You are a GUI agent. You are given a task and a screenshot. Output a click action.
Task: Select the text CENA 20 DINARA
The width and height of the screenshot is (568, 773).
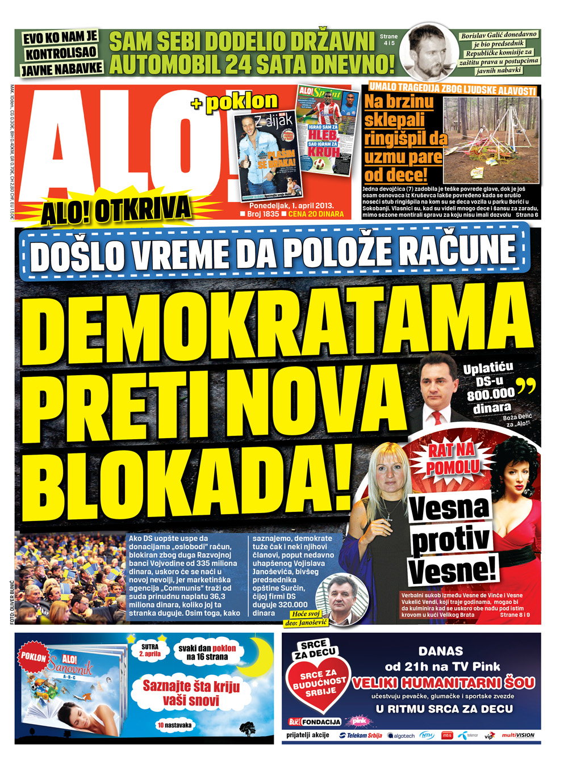tap(316, 214)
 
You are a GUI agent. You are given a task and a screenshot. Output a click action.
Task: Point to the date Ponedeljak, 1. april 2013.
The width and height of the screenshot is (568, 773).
tap(291, 205)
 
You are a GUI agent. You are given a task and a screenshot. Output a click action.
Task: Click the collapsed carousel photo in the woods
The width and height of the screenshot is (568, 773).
tap(491, 140)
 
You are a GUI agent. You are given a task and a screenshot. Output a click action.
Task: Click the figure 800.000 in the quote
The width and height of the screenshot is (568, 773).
tap(490, 394)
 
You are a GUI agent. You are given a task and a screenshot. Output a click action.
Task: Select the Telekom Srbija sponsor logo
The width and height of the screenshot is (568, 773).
tap(361, 735)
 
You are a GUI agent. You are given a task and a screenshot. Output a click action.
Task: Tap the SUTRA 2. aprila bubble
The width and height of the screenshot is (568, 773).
tap(150, 650)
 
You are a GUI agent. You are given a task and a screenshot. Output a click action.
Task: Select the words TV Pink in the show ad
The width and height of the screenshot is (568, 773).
tap(471, 666)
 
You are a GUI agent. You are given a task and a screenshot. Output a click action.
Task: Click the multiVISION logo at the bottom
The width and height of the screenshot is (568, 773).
tap(517, 735)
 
